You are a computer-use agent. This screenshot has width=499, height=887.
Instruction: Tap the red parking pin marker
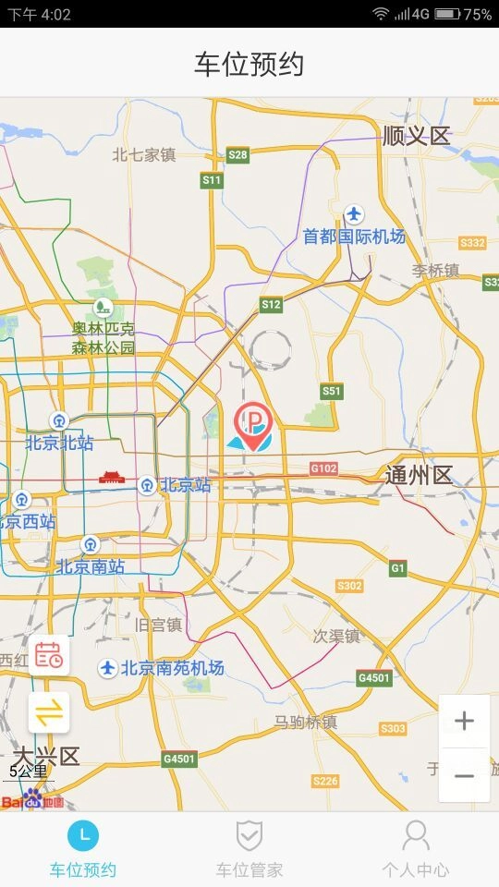click(x=252, y=424)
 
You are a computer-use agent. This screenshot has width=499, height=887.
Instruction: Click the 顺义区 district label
click(x=416, y=136)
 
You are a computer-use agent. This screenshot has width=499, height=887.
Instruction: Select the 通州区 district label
click(x=419, y=476)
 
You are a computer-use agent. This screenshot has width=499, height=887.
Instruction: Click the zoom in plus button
click(x=464, y=721)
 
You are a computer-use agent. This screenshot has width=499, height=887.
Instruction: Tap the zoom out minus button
click(x=464, y=775)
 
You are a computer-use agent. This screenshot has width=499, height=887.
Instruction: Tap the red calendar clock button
click(x=49, y=656)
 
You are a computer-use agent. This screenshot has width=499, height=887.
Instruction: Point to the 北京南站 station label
click(x=91, y=566)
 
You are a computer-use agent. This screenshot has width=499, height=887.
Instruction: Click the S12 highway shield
click(x=271, y=304)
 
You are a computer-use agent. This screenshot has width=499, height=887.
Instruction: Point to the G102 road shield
click(x=323, y=468)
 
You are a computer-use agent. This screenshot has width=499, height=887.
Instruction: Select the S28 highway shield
click(x=237, y=155)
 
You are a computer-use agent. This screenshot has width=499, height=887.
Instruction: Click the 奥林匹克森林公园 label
click(x=103, y=338)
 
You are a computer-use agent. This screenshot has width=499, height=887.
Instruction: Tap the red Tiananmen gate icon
click(x=111, y=478)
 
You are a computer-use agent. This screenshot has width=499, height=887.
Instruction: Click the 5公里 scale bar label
click(x=28, y=771)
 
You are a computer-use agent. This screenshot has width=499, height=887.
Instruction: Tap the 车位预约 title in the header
click(x=249, y=64)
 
